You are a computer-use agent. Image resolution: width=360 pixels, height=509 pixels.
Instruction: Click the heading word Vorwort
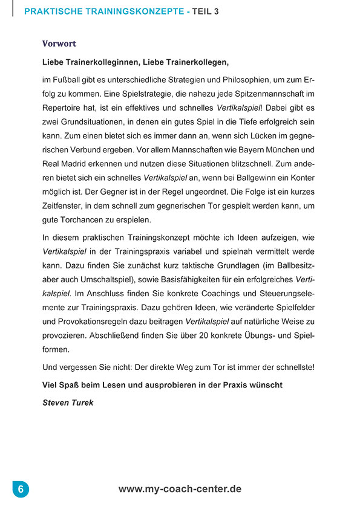tap(59, 44)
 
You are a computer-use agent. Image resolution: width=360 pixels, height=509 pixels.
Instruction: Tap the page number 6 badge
tap(20, 489)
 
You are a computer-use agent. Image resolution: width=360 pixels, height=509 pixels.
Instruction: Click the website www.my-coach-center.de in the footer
tap(180, 488)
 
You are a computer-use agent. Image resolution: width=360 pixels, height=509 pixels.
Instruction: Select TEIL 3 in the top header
tap(206, 11)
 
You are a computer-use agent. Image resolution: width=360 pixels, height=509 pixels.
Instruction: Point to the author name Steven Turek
tap(68, 403)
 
